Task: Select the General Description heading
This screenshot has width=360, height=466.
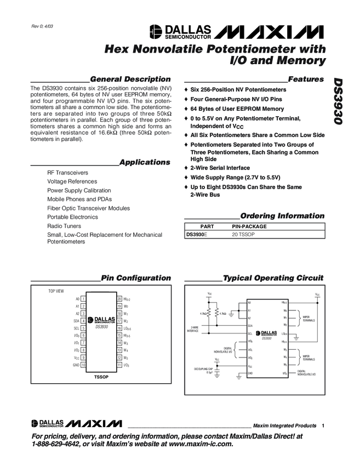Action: click(130, 79)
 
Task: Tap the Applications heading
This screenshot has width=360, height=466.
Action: click(145, 162)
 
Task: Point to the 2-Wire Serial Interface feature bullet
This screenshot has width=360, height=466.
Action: click(220, 168)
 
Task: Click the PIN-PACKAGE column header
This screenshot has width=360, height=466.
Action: click(249, 226)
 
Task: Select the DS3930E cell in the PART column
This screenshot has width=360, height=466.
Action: click(197, 234)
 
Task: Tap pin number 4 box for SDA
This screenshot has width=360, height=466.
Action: click(83, 320)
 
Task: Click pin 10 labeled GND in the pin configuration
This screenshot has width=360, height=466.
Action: click(83, 364)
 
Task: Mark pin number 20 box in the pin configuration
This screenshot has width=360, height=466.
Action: click(119, 299)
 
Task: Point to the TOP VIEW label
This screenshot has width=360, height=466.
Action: click(56, 290)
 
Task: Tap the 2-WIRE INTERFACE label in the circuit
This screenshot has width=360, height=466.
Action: click(192, 329)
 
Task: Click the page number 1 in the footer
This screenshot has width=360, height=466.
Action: click(324, 425)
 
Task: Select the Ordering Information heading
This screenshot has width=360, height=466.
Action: click(282, 215)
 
